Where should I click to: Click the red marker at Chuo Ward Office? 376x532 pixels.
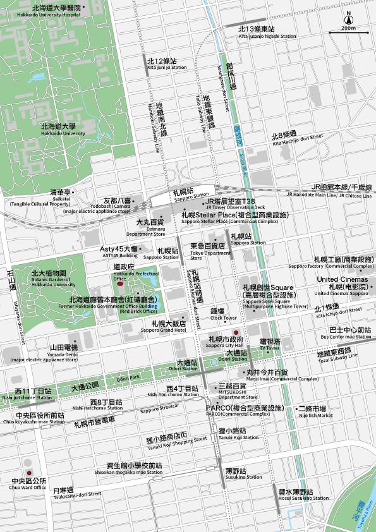point(28,473)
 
